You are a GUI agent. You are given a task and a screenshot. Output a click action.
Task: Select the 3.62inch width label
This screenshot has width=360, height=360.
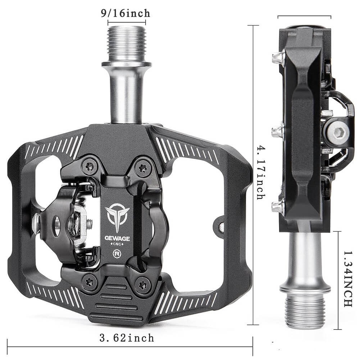point(127,338)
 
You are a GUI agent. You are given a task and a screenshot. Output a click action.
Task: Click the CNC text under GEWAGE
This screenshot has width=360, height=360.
point(117,245)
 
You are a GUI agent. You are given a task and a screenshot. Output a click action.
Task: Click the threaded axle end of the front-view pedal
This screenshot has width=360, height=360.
point(127,43)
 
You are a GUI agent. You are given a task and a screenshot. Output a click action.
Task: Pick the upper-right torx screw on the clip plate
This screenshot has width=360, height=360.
point(143,166)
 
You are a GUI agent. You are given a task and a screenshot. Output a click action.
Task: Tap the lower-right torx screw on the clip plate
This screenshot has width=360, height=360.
point(143,285)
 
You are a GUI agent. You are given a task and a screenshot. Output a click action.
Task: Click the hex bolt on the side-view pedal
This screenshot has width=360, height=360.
point(339,134)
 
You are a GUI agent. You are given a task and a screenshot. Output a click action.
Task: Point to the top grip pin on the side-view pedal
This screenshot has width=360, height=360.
point(277,58)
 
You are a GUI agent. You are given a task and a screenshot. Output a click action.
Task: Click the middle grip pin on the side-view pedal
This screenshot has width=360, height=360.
point(277,132)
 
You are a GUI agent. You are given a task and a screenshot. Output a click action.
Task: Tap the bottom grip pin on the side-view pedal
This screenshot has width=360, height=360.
point(277,206)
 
